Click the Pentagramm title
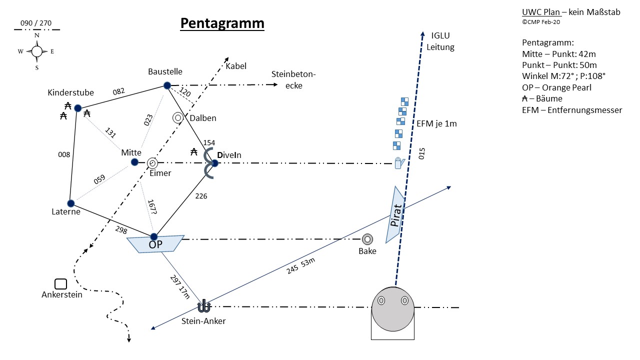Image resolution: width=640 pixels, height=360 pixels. coord(222,23)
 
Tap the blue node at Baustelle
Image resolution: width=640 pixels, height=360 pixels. coord(167,86)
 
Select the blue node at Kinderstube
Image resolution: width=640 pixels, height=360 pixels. coord(77,108)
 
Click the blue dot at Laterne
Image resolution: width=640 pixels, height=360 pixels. coord(70,203)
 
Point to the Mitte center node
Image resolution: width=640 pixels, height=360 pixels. coord(134,162)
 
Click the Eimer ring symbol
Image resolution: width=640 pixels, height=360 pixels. coord(152,163)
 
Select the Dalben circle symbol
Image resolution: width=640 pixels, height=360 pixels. coord(177,117)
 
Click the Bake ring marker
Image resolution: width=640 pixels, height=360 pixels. coord(367,239)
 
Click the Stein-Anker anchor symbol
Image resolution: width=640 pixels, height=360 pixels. coord(204,306)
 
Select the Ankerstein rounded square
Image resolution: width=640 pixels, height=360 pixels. coord(61,284)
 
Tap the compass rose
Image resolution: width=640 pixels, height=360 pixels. coord(37,51)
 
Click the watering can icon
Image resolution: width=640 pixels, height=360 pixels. coord(399,163)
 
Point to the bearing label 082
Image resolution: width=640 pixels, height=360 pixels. coord(118,91)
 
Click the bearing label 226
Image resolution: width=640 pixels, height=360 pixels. coord(201,196)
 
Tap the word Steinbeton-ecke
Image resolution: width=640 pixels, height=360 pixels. coord(294,79)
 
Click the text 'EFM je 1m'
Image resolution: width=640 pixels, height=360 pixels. coord(436,124)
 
